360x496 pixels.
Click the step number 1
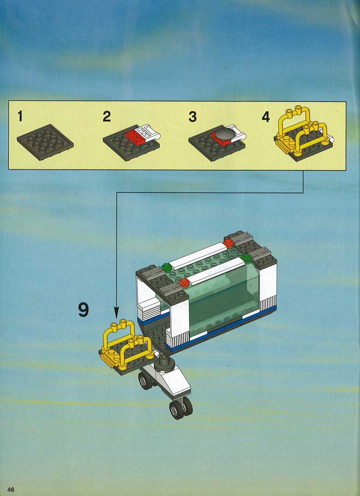coord(20,117)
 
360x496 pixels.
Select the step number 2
coord(106,117)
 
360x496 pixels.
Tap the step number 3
coord(193,117)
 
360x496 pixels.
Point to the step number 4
coord(266,117)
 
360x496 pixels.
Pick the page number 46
coord(11,490)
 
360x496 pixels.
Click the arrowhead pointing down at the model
coord(116,315)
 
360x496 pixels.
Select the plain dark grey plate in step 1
coord(45,142)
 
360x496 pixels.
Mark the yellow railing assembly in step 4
coord(303,132)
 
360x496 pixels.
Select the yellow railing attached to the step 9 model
coord(127,345)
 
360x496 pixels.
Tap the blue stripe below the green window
coord(222,329)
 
